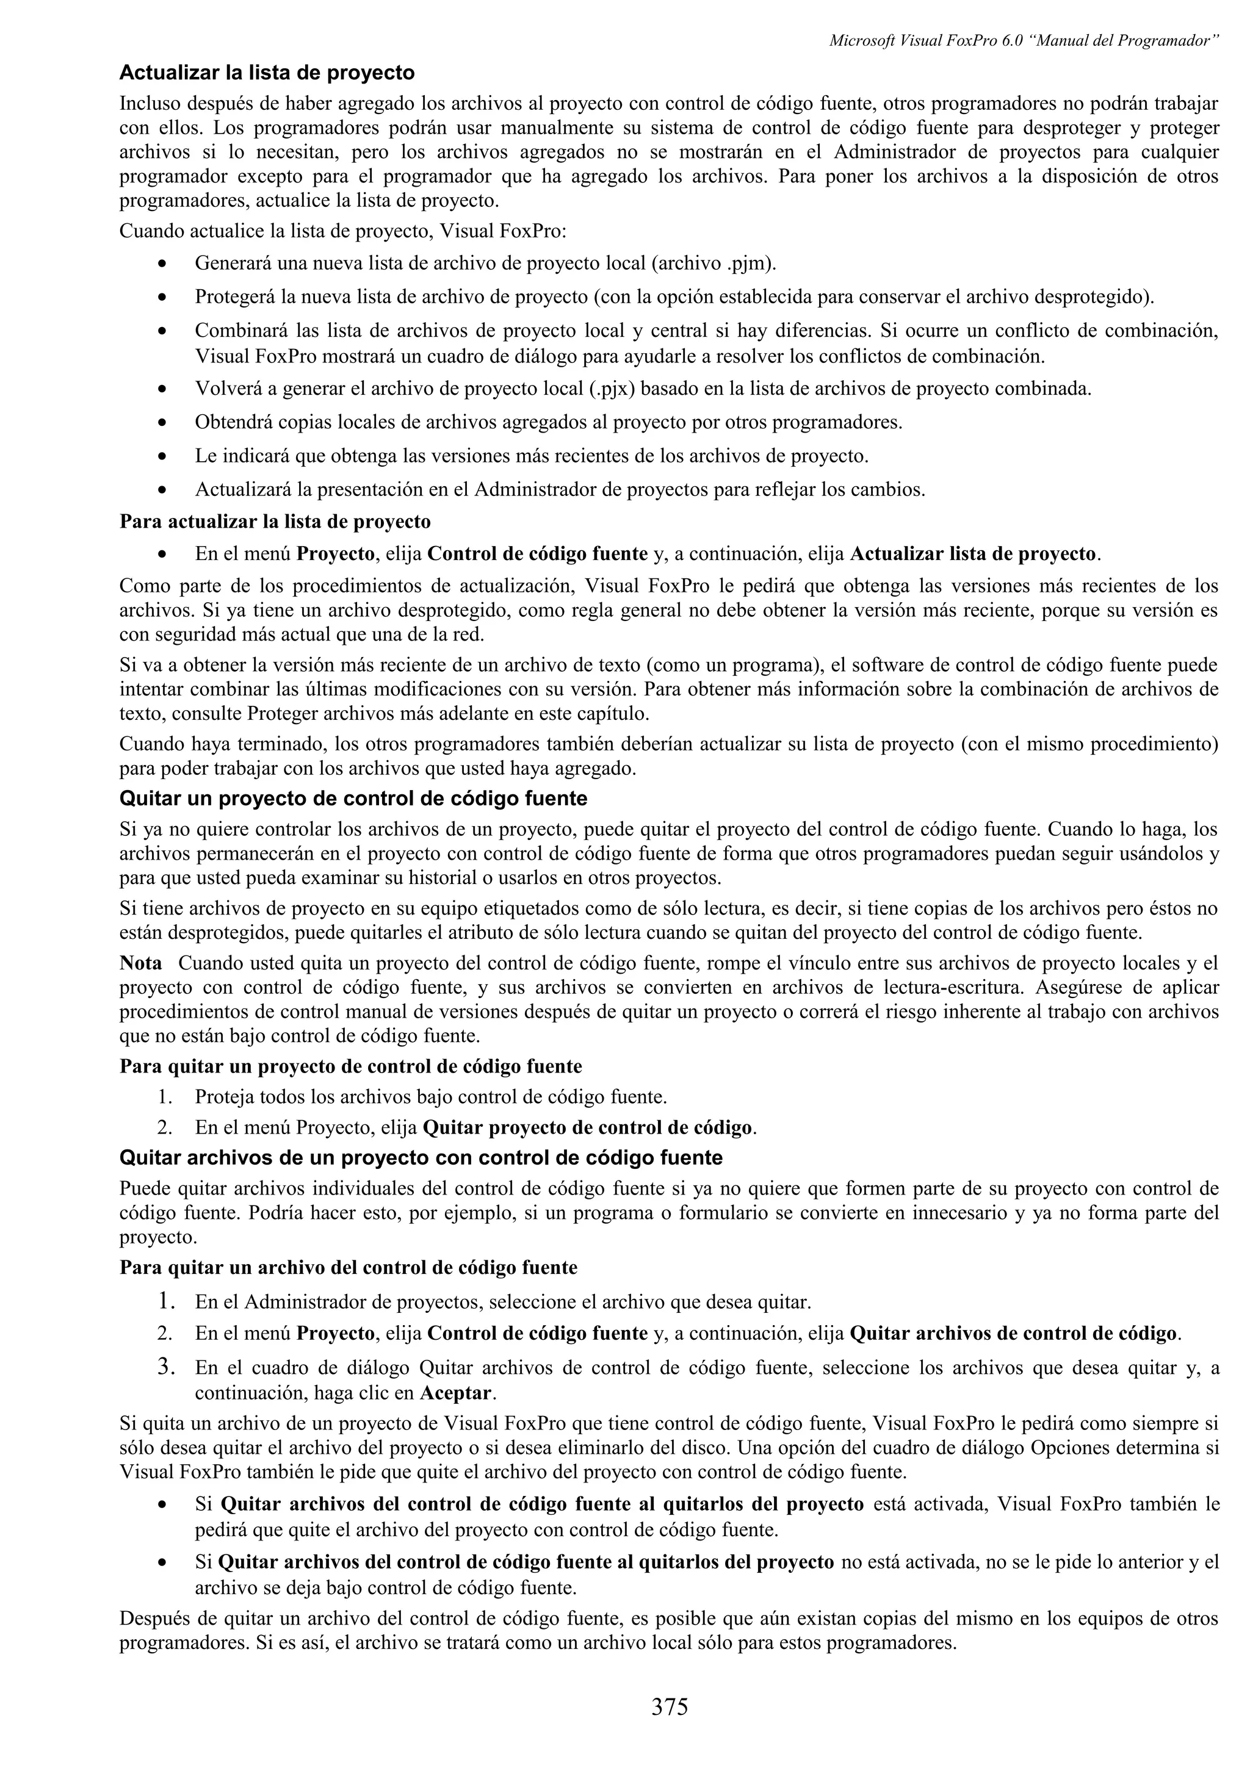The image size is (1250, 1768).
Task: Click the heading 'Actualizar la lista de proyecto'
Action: click(267, 73)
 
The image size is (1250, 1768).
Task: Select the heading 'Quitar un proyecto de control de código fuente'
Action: click(353, 799)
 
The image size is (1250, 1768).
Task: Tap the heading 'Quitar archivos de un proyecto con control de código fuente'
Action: click(421, 1157)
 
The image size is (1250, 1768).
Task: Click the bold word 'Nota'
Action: click(141, 963)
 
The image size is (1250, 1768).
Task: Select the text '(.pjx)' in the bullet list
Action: click(612, 388)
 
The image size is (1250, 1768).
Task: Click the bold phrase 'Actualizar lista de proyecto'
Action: click(973, 554)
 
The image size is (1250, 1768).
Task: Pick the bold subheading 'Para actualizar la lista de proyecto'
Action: click(275, 522)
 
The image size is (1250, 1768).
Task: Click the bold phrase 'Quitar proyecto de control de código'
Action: click(588, 1128)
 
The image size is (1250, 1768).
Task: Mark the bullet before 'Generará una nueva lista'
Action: click(161, 265)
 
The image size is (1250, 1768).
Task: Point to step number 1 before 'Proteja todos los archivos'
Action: click(164, 1096)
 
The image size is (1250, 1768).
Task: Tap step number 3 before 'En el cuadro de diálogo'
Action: click(164, 1368)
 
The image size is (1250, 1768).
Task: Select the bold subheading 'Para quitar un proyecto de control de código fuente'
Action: click(350, 1066)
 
